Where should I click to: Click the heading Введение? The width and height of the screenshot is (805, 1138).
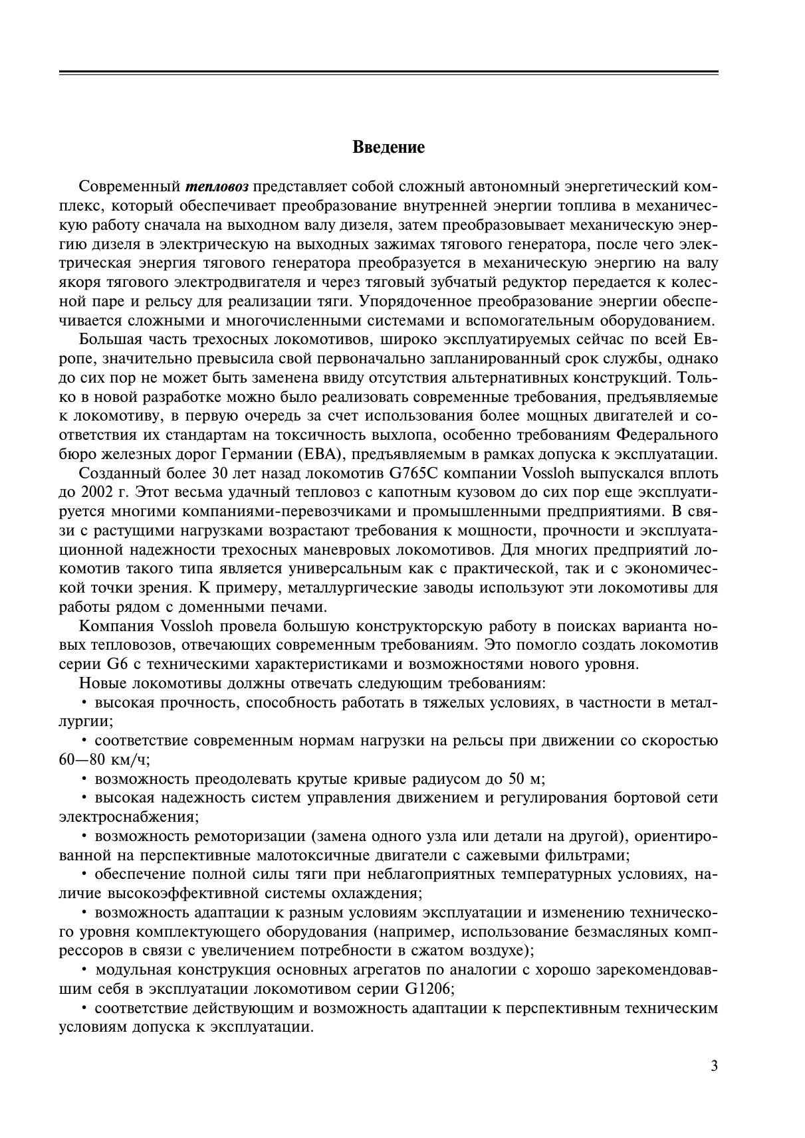click(x=388, y=147)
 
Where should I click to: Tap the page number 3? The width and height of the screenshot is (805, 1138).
click(x=714, y=1066)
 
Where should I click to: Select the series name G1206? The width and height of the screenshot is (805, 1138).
click(x=428, y=989)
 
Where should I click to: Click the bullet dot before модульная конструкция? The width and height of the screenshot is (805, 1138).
click(x=84, y=969)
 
